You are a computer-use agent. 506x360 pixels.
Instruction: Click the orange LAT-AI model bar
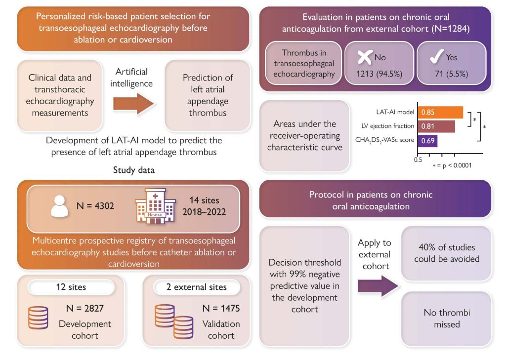point(440,113)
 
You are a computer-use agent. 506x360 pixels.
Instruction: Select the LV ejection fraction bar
point(436,126)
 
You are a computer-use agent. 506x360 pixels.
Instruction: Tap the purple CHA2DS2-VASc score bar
point(427,141)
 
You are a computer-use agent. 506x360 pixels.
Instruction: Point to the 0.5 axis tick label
point(418,160)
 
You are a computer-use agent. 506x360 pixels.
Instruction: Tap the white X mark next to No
point(364,58)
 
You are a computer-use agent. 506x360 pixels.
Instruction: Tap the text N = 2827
point(84,310)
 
